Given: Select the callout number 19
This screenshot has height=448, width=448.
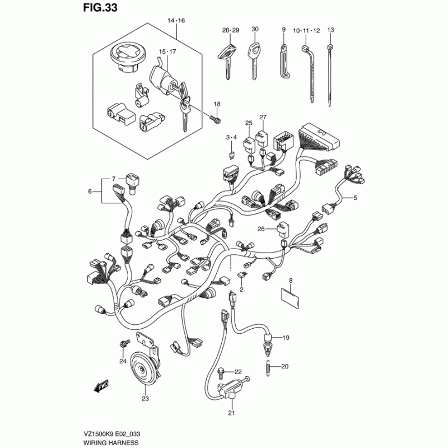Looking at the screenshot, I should [x=285, y=338].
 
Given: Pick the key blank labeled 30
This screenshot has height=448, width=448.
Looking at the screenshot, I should [x=255, y=55].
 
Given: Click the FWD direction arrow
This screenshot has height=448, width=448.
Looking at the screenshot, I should [x=100, y=386].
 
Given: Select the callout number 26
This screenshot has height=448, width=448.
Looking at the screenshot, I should [x=260, y=228].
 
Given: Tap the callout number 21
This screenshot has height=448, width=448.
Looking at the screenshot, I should [x=231, y=413].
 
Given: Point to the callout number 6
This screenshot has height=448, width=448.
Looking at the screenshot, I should [x=89, y=192].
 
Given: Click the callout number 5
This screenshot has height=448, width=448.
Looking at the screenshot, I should [x=354, y=198].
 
